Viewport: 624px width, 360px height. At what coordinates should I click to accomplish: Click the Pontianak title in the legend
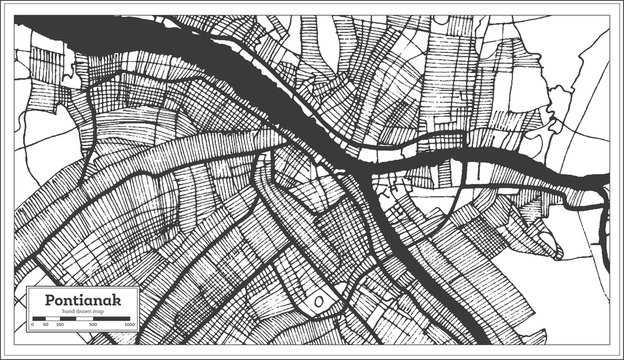(83, 300)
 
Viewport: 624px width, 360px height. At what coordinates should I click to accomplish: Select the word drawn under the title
(83, 311)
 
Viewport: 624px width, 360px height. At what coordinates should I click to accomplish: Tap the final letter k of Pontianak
(116, 300)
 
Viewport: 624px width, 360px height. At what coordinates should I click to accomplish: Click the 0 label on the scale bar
(33, 324)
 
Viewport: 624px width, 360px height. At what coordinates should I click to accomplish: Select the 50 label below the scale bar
(46, 324)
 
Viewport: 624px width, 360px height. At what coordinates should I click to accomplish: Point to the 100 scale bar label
(60, 324)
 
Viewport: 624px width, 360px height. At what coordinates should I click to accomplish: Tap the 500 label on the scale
(93, 324)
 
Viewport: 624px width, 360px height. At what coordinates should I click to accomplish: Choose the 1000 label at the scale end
(129, 324)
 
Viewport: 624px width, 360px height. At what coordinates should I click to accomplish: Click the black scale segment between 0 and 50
(39, 318)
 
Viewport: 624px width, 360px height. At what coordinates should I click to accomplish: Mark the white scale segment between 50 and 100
(53, 318)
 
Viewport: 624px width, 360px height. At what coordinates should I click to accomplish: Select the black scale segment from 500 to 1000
(111, 318)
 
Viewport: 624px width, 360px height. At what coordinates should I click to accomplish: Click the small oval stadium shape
(319, 300)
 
